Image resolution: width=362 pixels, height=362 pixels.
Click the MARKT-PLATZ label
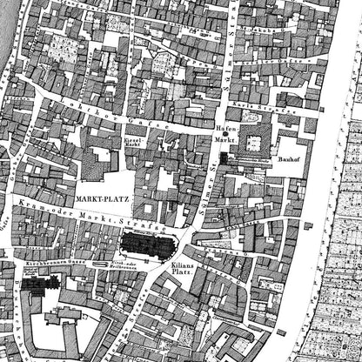tap(102, 198)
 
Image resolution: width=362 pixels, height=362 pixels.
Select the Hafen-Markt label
tap(225, 131)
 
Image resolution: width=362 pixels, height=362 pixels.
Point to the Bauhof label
tap(289, 160)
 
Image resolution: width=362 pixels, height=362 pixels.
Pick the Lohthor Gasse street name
tap(88, 109)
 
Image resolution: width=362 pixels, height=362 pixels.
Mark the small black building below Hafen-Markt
tap(224, 158)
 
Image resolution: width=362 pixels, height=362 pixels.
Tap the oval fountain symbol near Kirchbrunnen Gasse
tap(97, 261)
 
